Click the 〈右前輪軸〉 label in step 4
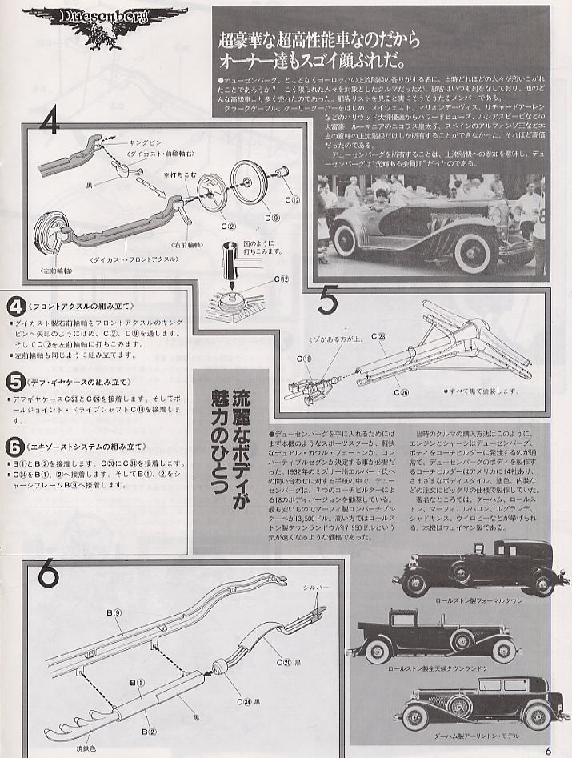coord(186,245)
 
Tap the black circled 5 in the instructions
coord(15,383)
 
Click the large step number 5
coord(329,303)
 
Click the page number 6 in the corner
coord(550,750)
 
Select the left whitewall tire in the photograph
coord(350,237)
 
